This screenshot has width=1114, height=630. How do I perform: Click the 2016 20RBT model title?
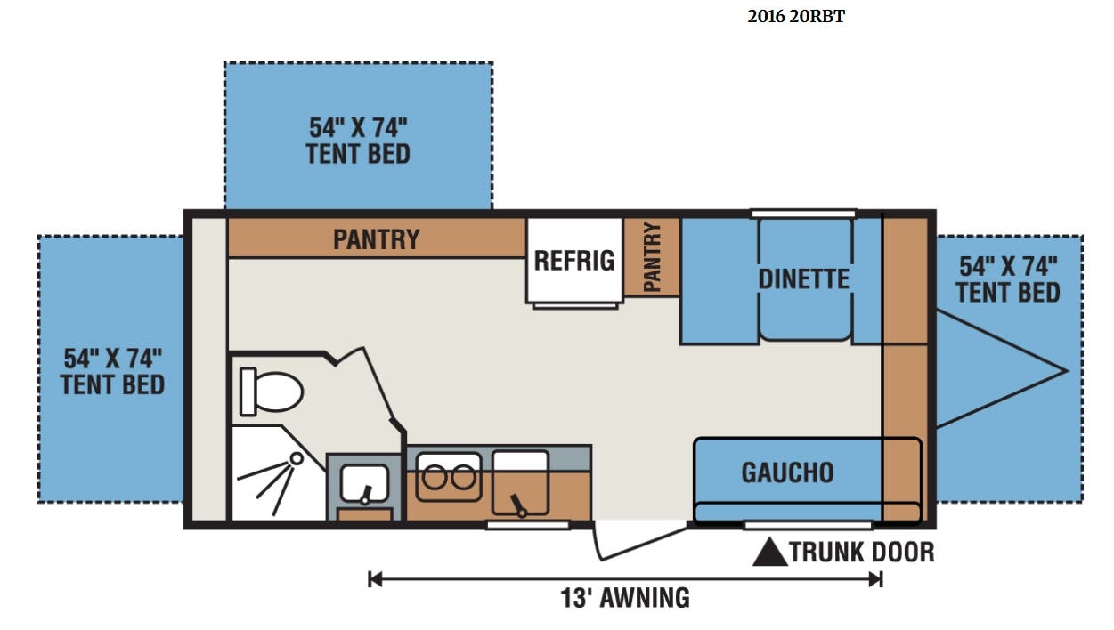point(796,16)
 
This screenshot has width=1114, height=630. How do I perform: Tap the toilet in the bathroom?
point(271,392)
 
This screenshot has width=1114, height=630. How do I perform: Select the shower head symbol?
point(297,458)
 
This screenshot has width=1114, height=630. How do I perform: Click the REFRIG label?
point(573,261)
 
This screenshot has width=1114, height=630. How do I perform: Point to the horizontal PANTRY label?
point(377,239)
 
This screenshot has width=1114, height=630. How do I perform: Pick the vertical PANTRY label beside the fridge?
point(652,257)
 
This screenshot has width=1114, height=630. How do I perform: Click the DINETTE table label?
point(804,279)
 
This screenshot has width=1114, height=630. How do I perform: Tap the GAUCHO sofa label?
point(787,472)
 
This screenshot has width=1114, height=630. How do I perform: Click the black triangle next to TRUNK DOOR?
point(770,552)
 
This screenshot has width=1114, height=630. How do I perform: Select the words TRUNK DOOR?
point(862,552)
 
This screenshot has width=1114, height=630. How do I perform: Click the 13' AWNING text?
point(625,598)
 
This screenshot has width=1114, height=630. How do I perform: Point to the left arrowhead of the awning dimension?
point(375,579)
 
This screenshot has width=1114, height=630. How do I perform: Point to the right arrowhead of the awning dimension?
point(875,579)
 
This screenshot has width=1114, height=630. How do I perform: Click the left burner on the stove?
point(435,478)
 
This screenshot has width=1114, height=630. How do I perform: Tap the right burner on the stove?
point(463,478)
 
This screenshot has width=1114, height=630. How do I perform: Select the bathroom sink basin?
point(364,484)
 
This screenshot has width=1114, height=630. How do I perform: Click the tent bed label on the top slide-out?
point(358,141)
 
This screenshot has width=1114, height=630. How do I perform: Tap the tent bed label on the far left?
point(112,372)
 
